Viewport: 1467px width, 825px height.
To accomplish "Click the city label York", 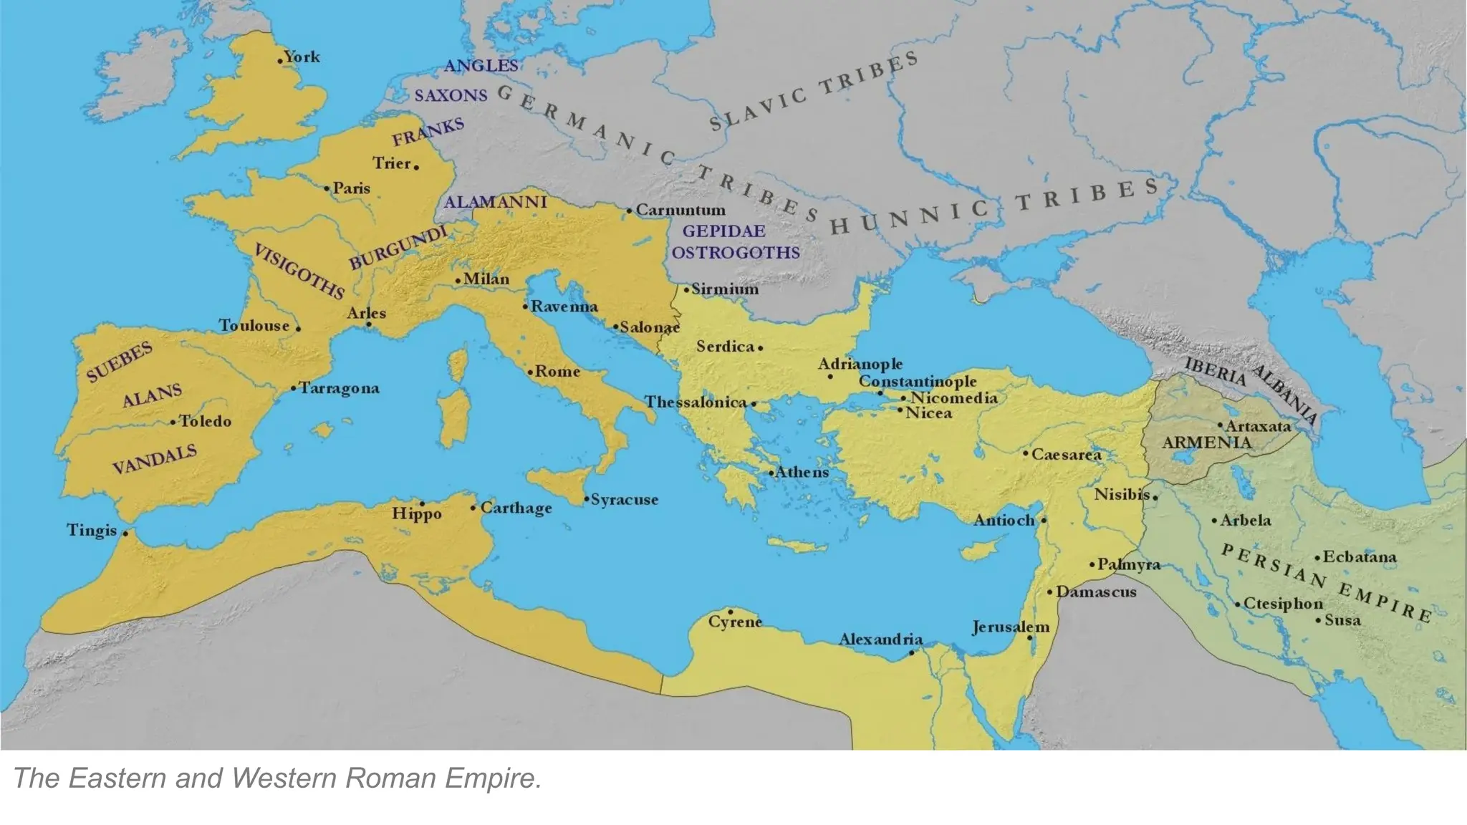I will tap(302, 57).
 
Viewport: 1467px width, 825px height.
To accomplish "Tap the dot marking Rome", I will tap(530, 372).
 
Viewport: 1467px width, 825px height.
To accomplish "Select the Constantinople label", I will tap(918, 381).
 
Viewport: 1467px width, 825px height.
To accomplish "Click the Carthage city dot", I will tap(473, 508).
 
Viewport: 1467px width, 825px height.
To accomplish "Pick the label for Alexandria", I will tap(880, 639).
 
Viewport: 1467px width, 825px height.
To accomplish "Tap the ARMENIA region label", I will tap(1206, 443).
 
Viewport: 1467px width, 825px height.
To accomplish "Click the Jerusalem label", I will tap(1010, 627).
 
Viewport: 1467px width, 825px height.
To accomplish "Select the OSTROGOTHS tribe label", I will tap(736, 253).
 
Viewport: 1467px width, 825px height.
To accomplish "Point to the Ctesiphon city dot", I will tap(1237, 605).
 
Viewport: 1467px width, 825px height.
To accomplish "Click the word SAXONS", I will tap(451, 95).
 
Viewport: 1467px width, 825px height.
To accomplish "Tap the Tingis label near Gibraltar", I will tap(92, 530).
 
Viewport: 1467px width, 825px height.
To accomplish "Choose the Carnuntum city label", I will tap(680, 211).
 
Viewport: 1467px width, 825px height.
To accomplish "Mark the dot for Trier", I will tap(416, 168).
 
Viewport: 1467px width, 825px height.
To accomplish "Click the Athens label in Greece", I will tap(802, 472).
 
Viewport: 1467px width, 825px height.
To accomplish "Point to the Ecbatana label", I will tap(1359, 556).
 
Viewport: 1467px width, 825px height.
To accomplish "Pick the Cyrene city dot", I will tap(730, 612).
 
